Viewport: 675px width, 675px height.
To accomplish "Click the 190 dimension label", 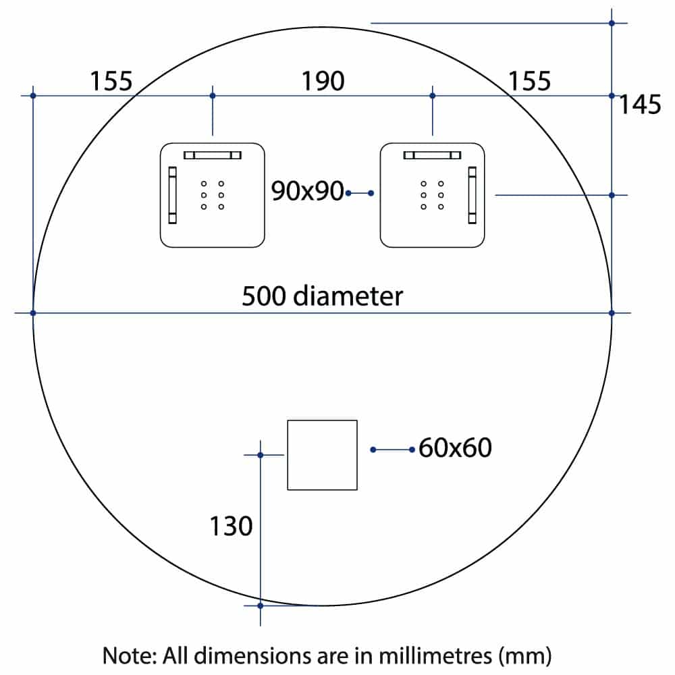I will coord(323,81).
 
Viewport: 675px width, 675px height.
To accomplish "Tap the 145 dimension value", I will coord(640,105).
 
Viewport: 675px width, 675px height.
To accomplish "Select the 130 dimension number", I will coord(231,526).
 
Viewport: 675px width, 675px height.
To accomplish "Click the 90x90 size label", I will coord(308,192).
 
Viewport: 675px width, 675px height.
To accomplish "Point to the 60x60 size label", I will coord(455,447).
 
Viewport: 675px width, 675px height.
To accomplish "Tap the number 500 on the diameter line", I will coord(265,296).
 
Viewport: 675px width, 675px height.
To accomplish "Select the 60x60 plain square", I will coord(322,455).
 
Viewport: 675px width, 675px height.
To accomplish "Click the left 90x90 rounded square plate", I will coord(212,194).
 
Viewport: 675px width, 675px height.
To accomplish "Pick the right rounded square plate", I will coord(433,194).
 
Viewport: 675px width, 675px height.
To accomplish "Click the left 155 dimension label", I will coord(111,81).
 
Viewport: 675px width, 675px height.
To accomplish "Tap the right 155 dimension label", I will coord(529,81).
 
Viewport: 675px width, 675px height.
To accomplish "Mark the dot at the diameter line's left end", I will coord(33,313).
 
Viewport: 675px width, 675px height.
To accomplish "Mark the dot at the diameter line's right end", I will coord(612,313).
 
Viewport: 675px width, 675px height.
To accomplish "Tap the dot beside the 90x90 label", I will coord(348,194).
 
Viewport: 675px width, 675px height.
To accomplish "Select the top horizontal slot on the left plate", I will coord(212,155).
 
